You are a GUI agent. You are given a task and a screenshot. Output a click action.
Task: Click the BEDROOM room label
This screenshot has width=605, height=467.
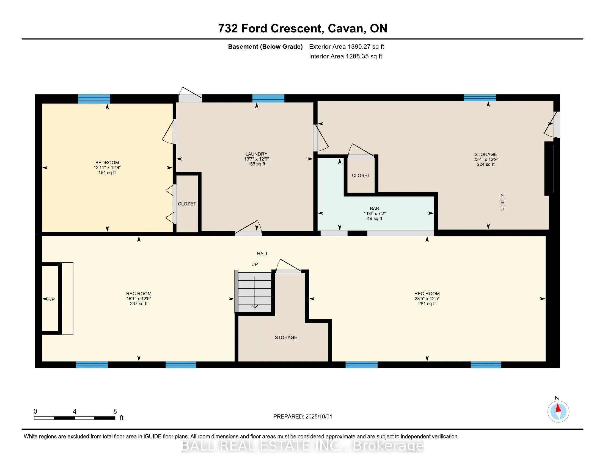(107, 163)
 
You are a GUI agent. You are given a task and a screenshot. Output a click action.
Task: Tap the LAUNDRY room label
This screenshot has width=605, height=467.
(256, 154)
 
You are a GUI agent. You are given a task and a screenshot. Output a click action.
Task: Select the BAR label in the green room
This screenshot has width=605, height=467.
(375, 209)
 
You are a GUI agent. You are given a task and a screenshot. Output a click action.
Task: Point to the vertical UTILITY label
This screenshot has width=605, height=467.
(502, 202)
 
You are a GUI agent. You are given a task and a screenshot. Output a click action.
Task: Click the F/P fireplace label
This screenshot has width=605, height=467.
(51, 299)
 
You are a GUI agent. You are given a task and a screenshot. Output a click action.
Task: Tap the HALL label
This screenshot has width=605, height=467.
(263, 254)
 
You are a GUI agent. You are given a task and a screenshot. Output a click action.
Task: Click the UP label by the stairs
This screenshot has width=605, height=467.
(255, 265)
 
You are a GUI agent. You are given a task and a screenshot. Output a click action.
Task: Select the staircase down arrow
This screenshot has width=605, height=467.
(255, 292)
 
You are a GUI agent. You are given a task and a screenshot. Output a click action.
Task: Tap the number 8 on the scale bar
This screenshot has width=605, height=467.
(115, 412)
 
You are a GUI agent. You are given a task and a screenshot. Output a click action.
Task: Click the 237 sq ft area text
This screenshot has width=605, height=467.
(139, 304)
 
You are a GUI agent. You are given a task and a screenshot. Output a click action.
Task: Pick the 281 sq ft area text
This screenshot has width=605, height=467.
(427, 304)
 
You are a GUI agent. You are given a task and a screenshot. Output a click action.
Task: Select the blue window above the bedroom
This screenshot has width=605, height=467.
(94, 99)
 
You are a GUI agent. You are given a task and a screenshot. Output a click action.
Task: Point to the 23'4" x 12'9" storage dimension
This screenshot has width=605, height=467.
(486, 159)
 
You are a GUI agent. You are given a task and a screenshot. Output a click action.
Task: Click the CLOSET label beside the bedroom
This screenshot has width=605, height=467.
(187, 204)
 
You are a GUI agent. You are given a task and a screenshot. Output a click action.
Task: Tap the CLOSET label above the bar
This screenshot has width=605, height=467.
(361, 176)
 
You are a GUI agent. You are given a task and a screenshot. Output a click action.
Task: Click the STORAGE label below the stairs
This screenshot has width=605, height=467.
(286, 338)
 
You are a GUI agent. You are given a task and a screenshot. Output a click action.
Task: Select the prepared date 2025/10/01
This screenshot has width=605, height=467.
(318, 417)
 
